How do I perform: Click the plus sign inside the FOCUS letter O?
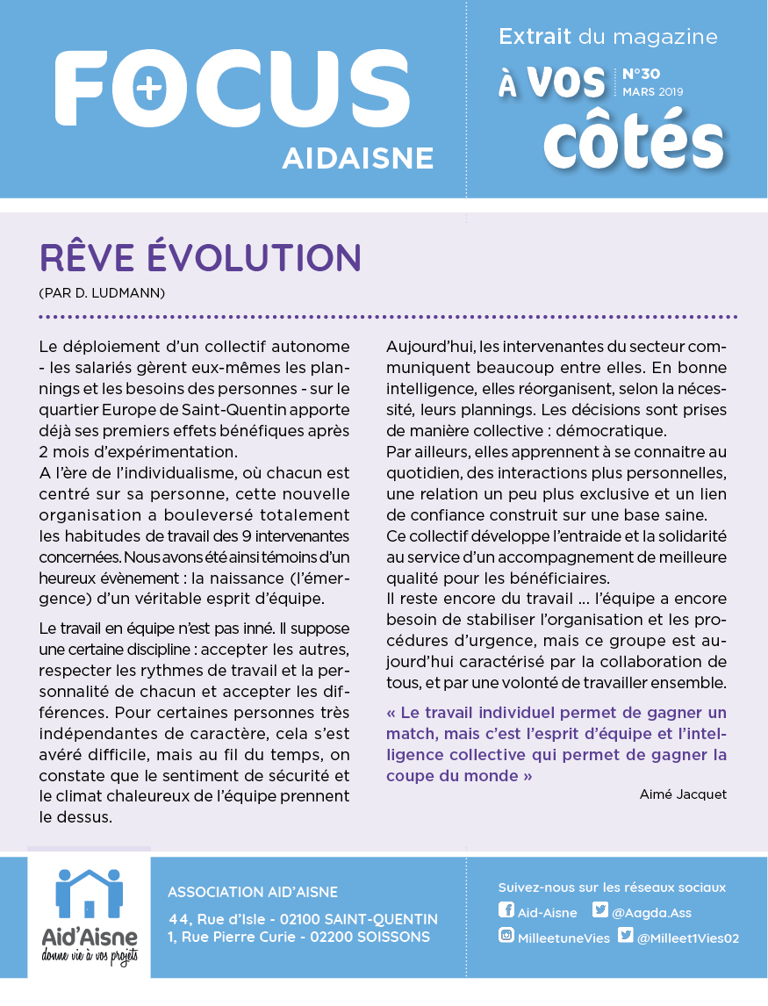150,87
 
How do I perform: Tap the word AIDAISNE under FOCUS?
358,157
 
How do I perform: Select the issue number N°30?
641,74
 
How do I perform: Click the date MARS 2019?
652,91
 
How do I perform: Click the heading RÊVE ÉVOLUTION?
201,257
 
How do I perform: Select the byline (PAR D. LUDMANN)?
103,291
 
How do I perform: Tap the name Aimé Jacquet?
684,794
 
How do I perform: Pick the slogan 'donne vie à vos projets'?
89,955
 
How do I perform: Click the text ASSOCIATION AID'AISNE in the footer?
253,893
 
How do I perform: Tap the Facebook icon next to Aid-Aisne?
506,910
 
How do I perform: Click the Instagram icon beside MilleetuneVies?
506,936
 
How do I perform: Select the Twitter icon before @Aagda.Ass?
600,910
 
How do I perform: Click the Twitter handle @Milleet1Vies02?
687,938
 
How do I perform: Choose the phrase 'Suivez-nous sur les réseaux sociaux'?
612,887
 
